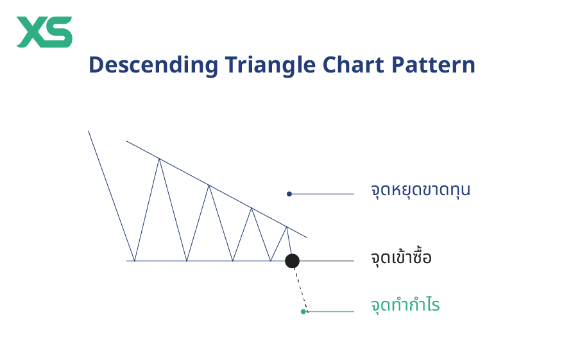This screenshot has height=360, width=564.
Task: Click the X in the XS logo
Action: click(x=31, y=32)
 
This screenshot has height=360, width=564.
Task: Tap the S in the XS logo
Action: click(x=58, y=32)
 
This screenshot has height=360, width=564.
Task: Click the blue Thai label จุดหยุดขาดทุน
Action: click(x=420, y=191)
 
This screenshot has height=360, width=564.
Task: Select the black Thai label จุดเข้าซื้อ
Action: click(x=401, y=259)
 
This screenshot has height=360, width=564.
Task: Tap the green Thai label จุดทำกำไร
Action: click(x=405, y=305)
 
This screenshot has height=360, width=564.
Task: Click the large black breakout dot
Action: click(x=292, y=261)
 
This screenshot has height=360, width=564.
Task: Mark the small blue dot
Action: click(x=289, y=194)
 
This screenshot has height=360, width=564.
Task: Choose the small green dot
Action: click(x=303, y=312)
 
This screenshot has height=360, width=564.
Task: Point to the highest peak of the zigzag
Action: click(x=159, y=158)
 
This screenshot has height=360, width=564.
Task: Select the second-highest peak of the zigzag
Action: click(x=209, y=185)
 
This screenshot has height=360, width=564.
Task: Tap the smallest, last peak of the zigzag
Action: click(x=287, y=227)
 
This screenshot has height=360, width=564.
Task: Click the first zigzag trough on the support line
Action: click(x=134, y=261)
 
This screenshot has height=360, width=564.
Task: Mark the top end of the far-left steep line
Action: click(x=89, y=132)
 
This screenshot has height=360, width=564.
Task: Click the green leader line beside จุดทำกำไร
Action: click(x=330, y=312)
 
